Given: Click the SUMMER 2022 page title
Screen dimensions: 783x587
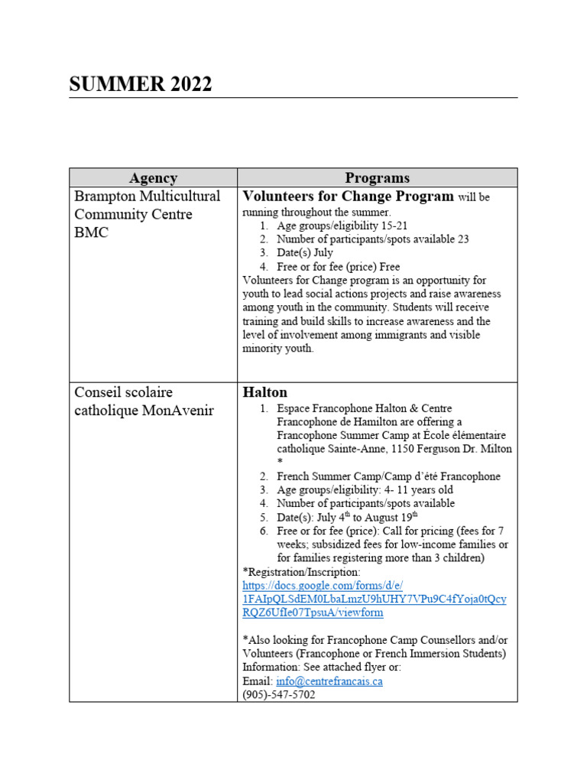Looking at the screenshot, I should tap(141, 84).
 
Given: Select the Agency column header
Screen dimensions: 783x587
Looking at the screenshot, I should tap(153, 178).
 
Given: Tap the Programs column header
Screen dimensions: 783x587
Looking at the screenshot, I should tap(377, 178).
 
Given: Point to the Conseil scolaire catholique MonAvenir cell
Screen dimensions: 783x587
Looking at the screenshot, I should tap(144, 401).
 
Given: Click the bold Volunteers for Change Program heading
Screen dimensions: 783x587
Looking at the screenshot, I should tap(348, 197).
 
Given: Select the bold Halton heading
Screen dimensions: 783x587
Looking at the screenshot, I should tap(264, 392).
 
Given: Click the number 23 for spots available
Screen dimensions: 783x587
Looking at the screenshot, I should tap(462, 239).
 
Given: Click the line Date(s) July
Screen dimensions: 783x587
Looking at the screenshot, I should tap(305, 253).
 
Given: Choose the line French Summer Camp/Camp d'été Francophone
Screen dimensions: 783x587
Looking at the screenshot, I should tap(388, 476).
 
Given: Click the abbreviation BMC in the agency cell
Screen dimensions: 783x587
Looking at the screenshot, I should tap(92, 233).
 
